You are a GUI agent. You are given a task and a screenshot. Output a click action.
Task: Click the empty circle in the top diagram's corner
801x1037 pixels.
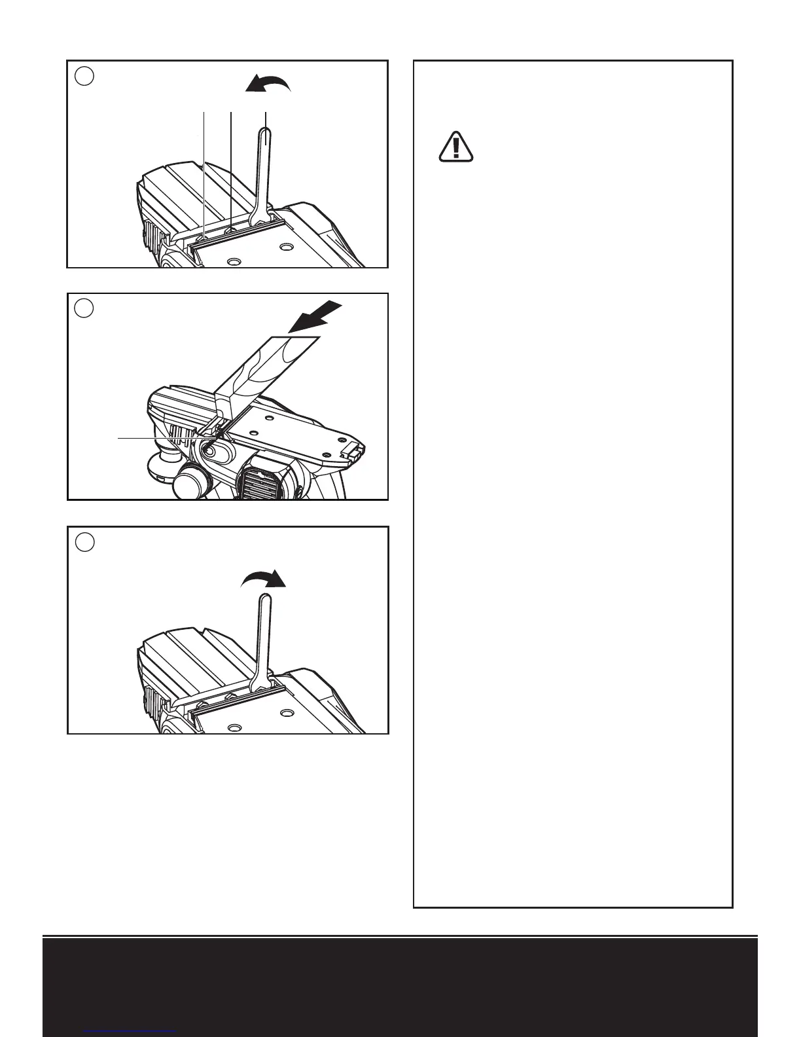[84, 76]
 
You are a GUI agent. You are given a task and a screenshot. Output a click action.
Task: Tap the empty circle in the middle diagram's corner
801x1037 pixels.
[84, 308]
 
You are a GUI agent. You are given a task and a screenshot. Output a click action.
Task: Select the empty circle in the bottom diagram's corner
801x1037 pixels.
[84, 542]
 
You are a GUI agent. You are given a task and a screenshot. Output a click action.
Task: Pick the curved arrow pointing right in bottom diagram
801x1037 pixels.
[264, 579]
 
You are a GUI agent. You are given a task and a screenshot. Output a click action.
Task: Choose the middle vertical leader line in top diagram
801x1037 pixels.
[232, 170]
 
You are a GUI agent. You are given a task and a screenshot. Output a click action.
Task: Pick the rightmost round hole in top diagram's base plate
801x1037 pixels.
[285, 248]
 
